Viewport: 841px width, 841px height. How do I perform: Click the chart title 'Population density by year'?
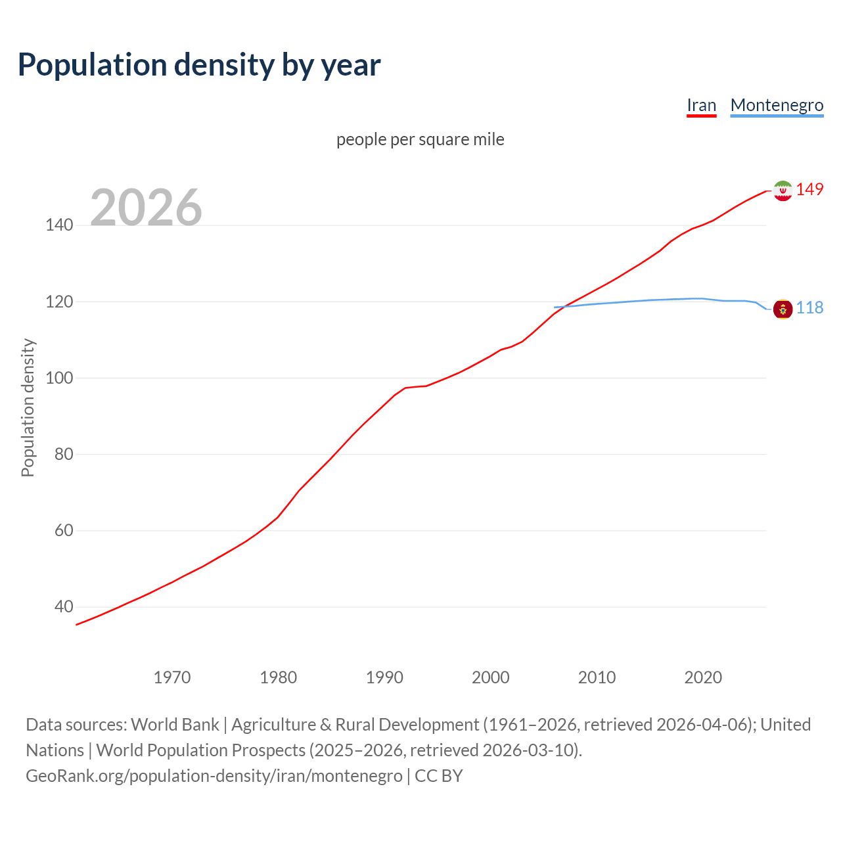tap(199, 65)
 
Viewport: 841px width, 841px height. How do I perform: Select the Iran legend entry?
tap(701, 105)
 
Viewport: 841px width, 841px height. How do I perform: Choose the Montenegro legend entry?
tap(777, 105)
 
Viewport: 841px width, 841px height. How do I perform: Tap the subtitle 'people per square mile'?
tap(420, 139)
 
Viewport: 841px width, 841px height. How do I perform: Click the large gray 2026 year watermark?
tap(146, 207)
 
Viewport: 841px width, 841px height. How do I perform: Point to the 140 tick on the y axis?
tap(59, 225)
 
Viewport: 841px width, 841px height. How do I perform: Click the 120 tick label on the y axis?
tap(59, 302)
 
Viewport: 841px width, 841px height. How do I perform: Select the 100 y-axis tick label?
tap(59, 378)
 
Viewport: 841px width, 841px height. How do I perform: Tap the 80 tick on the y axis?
tap(63, 454)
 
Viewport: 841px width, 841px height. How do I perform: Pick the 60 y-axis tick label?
tap(63, 530)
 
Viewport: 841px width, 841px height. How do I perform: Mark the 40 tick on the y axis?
tap(63, 606)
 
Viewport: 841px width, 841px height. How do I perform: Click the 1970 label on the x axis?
tap(172, 677)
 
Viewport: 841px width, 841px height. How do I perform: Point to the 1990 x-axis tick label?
tap(384, 677)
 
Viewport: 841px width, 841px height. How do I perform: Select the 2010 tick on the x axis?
tap(597, 677)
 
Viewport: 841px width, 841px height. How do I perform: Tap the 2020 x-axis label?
tap(703, 677)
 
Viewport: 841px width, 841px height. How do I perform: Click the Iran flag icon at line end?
tap(783, 191)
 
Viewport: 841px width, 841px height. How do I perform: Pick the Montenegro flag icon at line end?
tap(783, 308)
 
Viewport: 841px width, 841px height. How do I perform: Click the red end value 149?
tap(809, 189)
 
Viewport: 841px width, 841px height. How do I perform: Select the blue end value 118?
tap(809, 307)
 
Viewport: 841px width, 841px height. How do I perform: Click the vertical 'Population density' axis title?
tap(28, 407)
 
